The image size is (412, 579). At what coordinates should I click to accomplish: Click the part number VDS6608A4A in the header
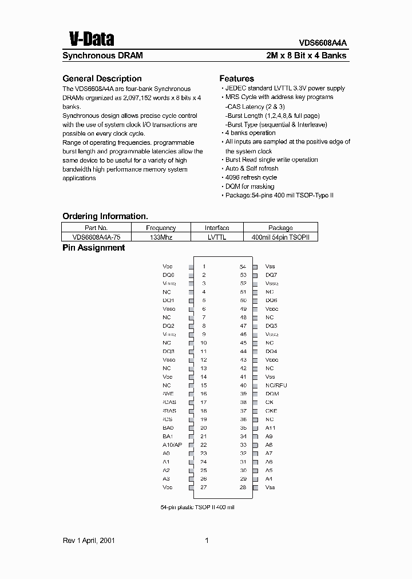323,42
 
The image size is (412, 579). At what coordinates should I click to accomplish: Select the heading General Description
101,78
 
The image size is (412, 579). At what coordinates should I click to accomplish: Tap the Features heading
236,78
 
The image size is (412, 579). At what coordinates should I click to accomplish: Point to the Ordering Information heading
105,216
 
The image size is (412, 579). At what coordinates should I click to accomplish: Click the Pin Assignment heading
93,248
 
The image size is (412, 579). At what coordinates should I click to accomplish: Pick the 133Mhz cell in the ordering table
161,237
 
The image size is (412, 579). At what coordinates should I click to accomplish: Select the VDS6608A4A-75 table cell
97,237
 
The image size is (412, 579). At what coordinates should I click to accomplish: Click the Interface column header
217,228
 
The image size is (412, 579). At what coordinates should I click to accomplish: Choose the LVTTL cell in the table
217,237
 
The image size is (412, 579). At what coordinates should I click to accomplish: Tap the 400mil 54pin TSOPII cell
280,237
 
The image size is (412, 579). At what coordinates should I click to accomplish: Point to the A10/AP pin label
172,445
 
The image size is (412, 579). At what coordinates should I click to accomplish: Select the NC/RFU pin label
276,385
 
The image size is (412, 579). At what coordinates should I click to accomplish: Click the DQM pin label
272,394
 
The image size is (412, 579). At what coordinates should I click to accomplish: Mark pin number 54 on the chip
243,267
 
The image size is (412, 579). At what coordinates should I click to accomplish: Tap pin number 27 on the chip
203,487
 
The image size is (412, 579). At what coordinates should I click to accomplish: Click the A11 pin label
270,427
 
